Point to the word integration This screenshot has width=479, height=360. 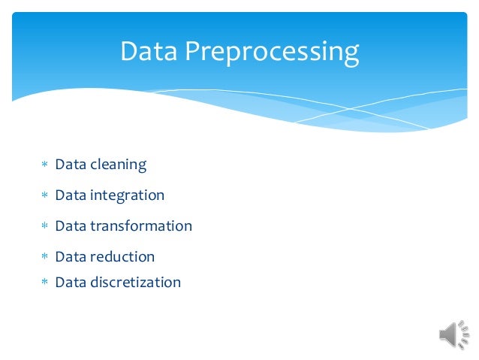pyautogui.click(x=127, y=195)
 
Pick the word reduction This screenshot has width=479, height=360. pyautogui.click(x=122, y=256)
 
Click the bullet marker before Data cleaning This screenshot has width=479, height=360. pyautogui.click(x=44, y=165)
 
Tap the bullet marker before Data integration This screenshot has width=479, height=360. pyautogui.click(x=44, y=195)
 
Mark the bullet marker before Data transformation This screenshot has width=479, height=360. pyautogui.click(x=44, y=226)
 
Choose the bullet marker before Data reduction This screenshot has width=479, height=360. pyautogui.click(x=44, y=257)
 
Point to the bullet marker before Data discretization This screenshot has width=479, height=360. pyautogui.click(x=44, y=283)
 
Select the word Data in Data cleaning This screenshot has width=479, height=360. pyautogui.click(x=71, y=164)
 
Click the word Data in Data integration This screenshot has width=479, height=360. pyautogui.click(x=71, y=195)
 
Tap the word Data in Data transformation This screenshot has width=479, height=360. pyautogui.click(x=71, y=225)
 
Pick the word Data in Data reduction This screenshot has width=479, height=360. pyautogui.click(x=71, y=256)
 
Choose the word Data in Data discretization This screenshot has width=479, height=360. pyautogui.click(x=71, y=282)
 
